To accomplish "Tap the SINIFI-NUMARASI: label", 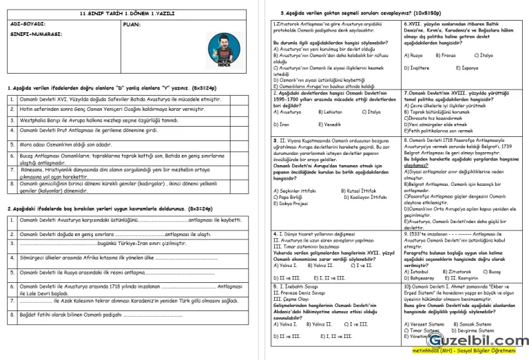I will pyautogui.click(x=32, y=34).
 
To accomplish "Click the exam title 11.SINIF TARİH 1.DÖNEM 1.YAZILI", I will pyautogui.click(x=129, y=13).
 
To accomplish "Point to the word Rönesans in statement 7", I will pyautogui.click(x=33, y=169).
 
